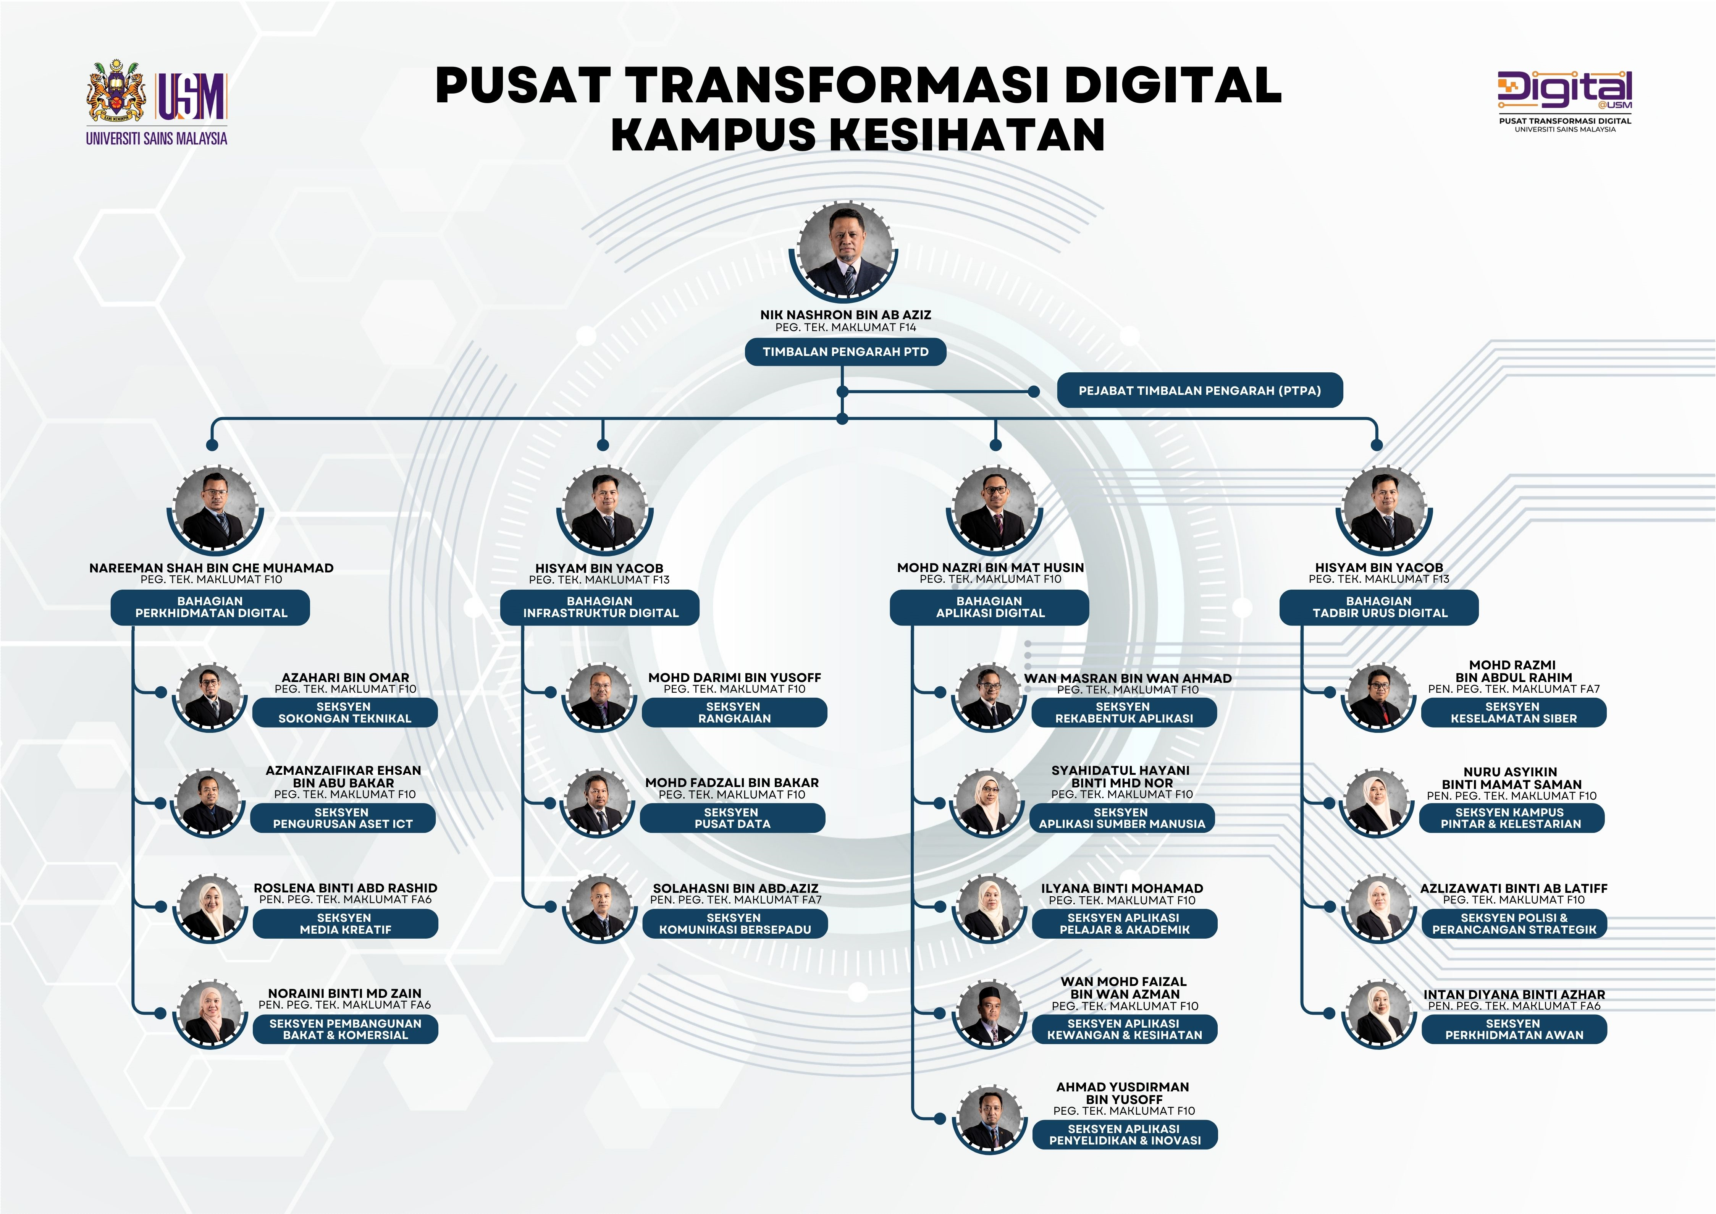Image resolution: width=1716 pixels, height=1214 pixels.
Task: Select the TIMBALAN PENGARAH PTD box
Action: (x=845, y=351)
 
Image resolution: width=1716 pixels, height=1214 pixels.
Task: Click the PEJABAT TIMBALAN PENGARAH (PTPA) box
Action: (x=1199, y=390)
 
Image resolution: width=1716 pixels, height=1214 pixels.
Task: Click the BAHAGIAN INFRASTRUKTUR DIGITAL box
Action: (x=600, y=607)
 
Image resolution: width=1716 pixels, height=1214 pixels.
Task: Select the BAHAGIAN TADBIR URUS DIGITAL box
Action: (x=1379, y=607)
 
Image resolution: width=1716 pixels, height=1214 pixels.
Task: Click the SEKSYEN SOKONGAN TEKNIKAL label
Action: (x=344, y=713)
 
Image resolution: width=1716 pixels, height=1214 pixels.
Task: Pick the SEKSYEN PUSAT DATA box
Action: (x=732, y=818)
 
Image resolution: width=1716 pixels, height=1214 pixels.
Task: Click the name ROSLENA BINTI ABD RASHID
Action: (x=345, y=888)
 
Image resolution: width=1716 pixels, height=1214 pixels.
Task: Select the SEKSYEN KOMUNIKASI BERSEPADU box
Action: (x=735, y=923)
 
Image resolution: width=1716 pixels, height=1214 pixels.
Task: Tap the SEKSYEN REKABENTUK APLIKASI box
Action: (x=1124, y=713)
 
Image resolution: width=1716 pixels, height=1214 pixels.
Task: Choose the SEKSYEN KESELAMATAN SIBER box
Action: (x=1514, y=713)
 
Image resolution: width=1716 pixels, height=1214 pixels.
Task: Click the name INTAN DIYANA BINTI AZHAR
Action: (x=1514, y=994)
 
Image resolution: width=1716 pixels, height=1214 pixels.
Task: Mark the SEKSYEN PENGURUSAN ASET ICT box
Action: (x=342, y=818)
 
